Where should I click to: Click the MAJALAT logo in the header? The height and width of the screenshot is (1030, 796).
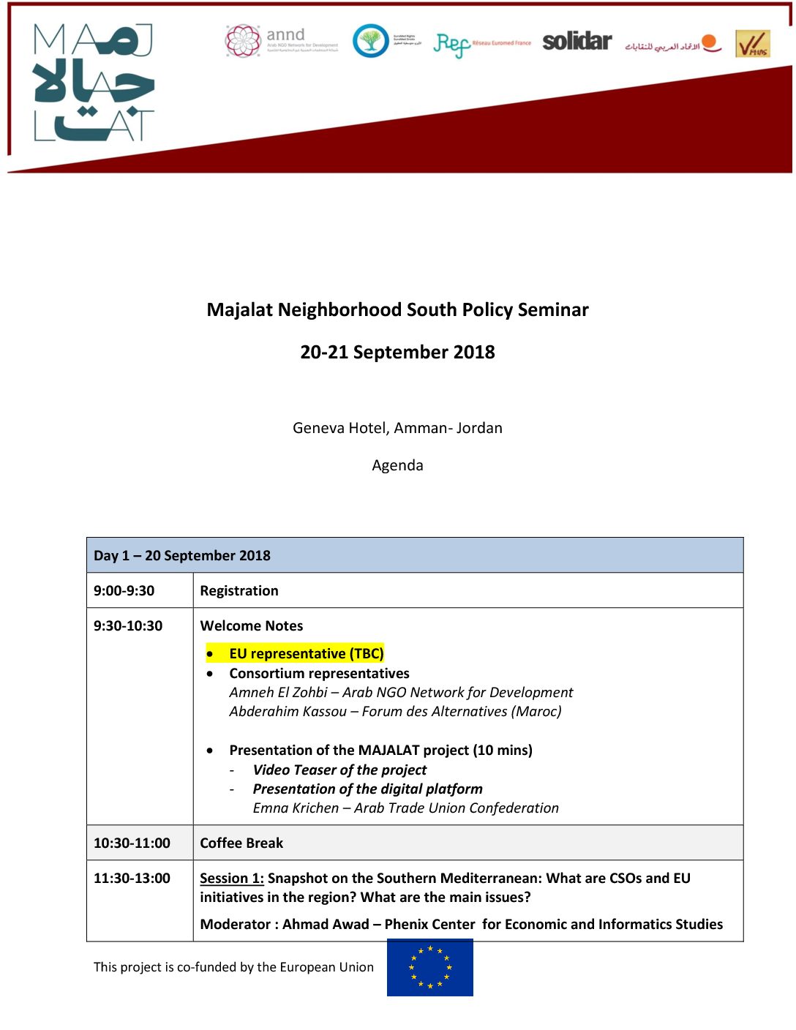click(94, 82)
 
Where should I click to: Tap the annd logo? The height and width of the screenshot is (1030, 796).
click(282, 42)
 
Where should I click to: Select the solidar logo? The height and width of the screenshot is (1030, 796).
click(577, 42)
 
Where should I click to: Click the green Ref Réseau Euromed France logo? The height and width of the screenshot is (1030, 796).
click(481, 45)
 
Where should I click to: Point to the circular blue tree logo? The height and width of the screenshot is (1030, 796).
click(371, 41)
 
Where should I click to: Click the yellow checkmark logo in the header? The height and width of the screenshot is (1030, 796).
click(752, 44)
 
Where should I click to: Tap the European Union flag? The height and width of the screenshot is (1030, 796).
click(429, 967)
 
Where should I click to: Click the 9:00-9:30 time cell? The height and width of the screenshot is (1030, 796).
click(124, 591)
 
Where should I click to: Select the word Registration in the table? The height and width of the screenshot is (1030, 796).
click(239, 591)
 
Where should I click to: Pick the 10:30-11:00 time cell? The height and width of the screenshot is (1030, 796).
click(132, 843)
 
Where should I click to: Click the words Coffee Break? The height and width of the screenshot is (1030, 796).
click(241, 843)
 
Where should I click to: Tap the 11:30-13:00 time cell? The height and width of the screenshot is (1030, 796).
click(132, 879)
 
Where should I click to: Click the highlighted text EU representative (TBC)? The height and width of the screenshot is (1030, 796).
click(306, 654)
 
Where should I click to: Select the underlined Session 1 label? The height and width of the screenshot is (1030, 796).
click(231, 879)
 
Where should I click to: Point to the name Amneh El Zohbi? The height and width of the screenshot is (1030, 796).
click(278, 693)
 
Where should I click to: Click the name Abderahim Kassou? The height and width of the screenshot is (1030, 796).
click(288, 712)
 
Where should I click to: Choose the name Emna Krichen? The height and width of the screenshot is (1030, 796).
click(296, 808)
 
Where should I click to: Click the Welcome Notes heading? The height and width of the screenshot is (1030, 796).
click(252, 626)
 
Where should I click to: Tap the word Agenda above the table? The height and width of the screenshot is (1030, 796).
click(397, 466)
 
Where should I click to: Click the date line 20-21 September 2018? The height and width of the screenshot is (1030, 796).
click(397, 353)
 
